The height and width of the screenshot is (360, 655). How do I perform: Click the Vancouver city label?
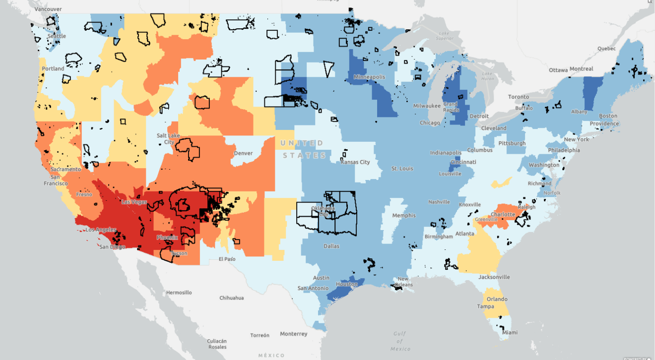click(49, 9)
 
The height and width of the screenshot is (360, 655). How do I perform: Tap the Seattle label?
click(57, 36)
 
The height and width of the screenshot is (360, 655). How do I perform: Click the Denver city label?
click(243, 153)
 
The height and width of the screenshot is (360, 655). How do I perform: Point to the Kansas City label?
click(356, 162)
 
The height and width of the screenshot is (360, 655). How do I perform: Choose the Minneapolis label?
click(369, 77)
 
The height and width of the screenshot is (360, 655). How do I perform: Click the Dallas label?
click(331, 246)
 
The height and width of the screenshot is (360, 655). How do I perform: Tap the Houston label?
click(347, 284)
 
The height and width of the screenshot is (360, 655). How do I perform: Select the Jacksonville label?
click(494, 277)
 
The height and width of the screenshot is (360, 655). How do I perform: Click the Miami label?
click(509, 333)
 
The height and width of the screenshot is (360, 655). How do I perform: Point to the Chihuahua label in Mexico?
click(232, 298)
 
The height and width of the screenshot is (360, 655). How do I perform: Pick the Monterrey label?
click(294, 334)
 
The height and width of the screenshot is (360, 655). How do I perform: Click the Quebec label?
click(606, 49)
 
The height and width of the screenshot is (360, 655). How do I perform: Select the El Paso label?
click(227, 259)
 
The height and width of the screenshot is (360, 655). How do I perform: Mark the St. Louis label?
click(402, 169)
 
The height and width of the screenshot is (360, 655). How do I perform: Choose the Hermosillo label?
click(180, 293)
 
